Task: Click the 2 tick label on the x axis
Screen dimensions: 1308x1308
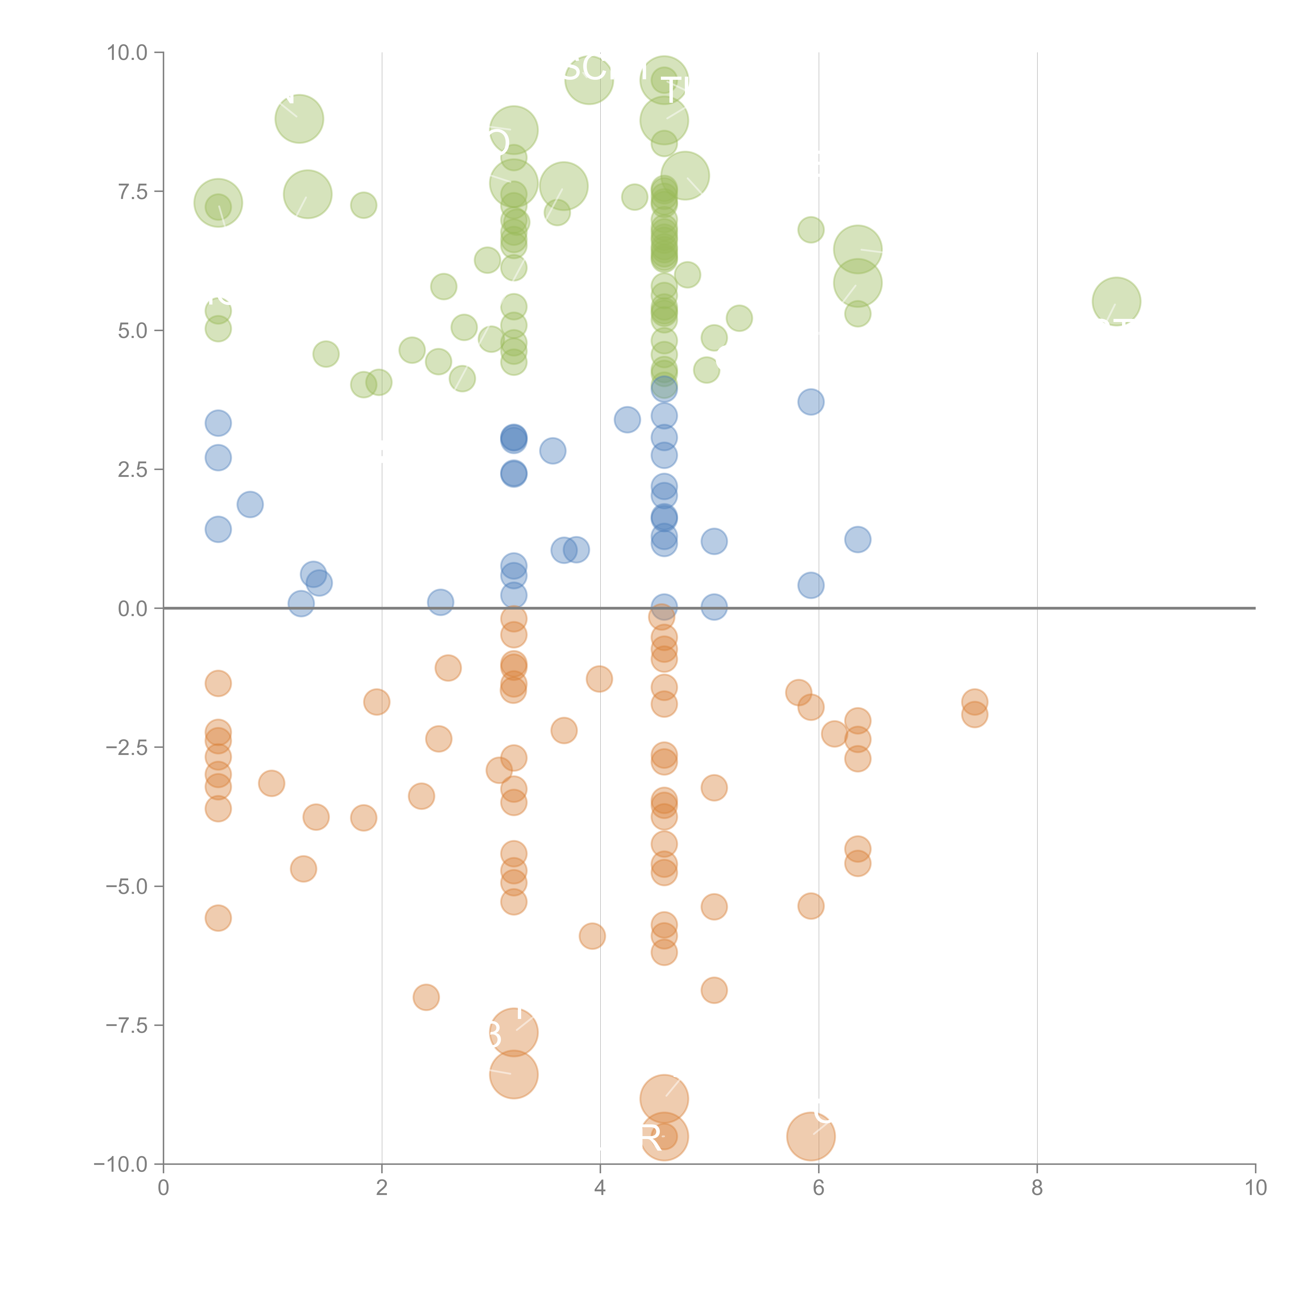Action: click(382, 1187)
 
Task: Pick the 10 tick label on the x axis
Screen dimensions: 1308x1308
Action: click(1255, 1187)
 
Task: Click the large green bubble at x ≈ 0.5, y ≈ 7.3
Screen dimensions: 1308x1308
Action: click(218, 203)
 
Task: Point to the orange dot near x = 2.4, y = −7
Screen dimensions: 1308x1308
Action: click(426, 997)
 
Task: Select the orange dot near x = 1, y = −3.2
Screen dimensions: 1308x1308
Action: click(272, 783)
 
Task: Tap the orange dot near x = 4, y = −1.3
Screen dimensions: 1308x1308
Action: click(599, 678)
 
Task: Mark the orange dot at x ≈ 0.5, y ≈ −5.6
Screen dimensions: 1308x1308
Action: click(218, 918)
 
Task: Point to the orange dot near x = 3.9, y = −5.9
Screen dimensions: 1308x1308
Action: click(592, 936)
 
